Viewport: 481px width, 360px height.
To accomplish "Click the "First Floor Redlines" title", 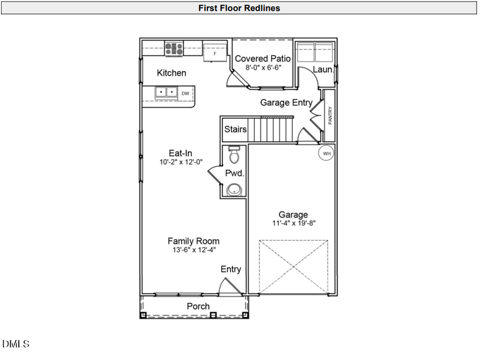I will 239,7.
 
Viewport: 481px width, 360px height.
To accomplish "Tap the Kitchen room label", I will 172,73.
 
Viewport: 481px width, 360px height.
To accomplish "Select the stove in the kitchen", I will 174,49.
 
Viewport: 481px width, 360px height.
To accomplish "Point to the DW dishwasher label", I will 185,94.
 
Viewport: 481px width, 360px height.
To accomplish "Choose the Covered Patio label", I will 263,59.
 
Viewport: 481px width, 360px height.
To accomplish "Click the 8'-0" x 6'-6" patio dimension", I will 263,68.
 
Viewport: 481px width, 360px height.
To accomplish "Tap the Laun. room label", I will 323,70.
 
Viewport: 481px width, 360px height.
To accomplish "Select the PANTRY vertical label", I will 330,116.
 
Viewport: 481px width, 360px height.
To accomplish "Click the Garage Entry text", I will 286,103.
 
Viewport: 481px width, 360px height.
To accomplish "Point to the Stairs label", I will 235,129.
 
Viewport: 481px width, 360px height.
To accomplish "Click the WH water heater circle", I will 326,154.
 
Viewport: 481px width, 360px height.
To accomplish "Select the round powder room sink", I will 234,189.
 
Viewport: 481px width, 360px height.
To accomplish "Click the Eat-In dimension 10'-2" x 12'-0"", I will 181,162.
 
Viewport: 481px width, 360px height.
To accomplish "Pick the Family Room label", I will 193,241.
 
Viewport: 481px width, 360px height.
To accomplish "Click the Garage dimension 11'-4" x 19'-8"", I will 293,224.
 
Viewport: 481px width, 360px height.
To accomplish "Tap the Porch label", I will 198,307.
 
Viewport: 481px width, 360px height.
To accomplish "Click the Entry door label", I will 231,270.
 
